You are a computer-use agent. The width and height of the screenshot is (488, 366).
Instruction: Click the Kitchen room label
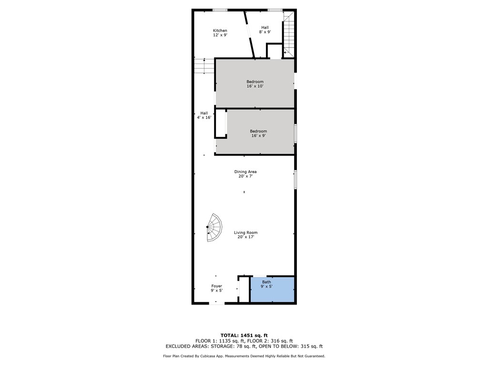pyautogui.click(x=220, y=33)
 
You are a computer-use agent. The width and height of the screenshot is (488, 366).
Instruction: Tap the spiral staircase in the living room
pyautogui.click(x=214, y=228)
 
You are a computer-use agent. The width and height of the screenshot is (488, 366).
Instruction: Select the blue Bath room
pyautogui.click(x=272, y=289)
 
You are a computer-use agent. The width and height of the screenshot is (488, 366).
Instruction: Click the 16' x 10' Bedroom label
pyautogui.click(x=254, y=84)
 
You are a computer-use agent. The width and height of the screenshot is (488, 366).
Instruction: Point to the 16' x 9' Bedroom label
pyautogui.click(x=258, y=133)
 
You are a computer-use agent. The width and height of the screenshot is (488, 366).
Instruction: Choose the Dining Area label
pyautogui.click(x=245, y=174)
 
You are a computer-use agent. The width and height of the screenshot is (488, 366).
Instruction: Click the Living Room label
pyautogui.click(x=245, y=234)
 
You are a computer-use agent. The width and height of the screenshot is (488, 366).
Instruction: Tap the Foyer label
pyautogui.click(x=216, y=288)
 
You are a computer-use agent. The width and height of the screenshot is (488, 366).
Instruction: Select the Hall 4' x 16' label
pyautogui.click(x=204, y=115)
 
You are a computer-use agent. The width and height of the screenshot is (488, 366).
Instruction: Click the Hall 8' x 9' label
pyautogui.click(x=264, y=30)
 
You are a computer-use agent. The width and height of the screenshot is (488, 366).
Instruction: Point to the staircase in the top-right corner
pyautogui.click(x=288, y=33)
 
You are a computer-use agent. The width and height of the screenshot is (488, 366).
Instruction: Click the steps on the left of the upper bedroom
pyautogui.click(x=203, y=66)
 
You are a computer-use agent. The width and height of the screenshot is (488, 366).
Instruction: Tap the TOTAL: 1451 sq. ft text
pyautogui.click(x=247, y=335)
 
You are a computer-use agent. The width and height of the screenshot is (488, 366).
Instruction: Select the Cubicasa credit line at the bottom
pyautogui.click(x=244, y=356)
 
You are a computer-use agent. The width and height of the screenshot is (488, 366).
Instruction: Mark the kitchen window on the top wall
pyautogui.click(x=220, y=10)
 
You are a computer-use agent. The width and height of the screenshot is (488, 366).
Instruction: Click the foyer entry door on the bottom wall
pyautogui.click(x=216, y=302)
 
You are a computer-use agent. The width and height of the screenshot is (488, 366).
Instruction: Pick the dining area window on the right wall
pyautogui.click(x=295, y=179)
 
